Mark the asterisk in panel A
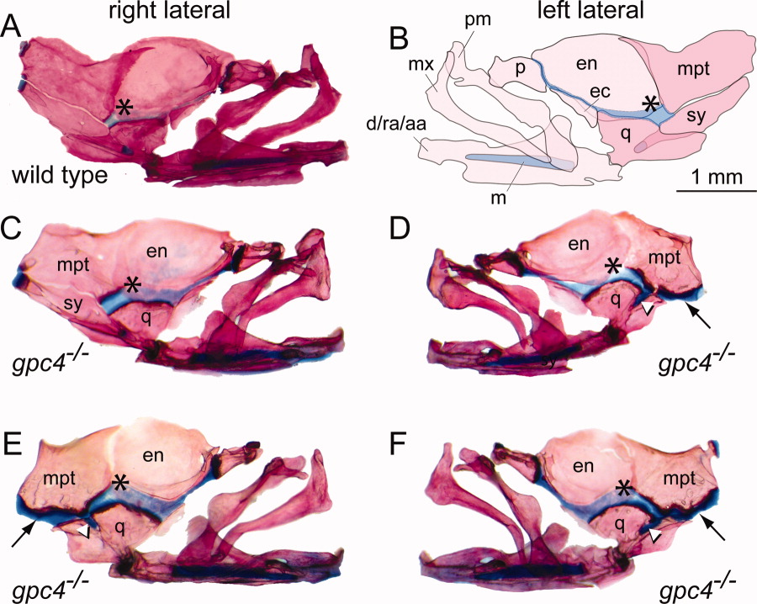(124, 107)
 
